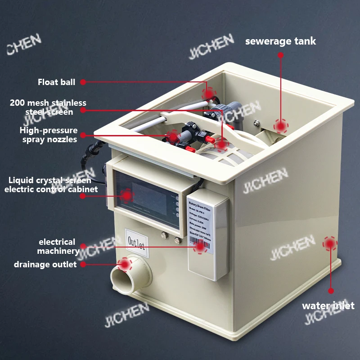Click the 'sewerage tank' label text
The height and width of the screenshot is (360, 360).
point(280,41)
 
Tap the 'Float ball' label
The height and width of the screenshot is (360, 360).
point(56,82)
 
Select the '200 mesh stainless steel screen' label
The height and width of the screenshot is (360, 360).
point(48,108)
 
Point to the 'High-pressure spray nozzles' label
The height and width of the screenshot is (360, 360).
point(49,135)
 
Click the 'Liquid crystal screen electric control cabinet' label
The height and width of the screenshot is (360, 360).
point(51,185)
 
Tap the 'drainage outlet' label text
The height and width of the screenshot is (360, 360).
point(45,265)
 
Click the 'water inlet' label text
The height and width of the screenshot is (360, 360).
point(328,306)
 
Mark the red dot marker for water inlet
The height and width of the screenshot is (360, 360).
point(330,243)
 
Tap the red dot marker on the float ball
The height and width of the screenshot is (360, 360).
point(208,94)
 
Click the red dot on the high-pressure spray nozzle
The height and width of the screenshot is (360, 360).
point(173,135)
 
